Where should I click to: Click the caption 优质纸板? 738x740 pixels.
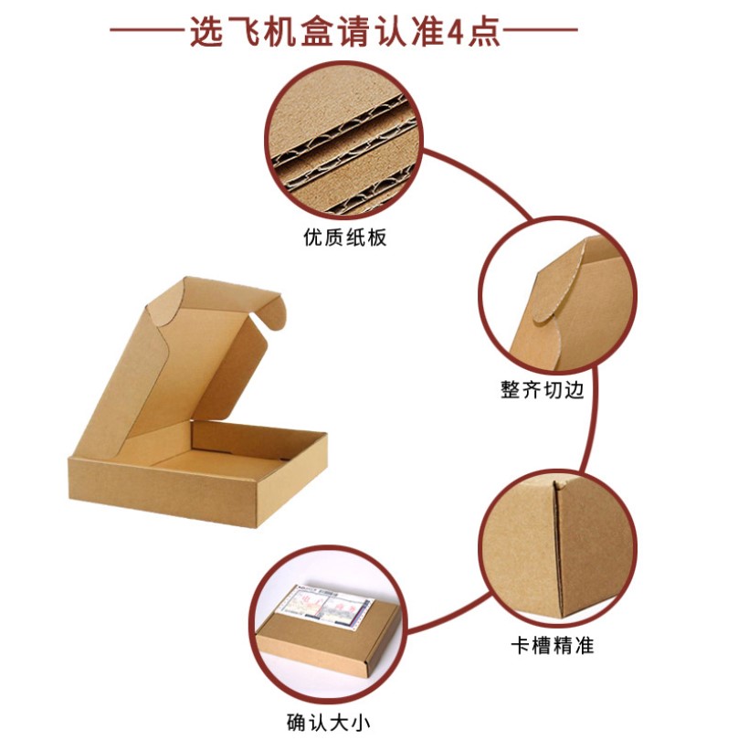345,237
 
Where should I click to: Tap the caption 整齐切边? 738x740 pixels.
543,390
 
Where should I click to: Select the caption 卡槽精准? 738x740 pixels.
552,645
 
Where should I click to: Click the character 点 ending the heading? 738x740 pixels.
484,32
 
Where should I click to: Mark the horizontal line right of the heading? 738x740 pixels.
541,29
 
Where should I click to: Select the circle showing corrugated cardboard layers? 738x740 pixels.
344,140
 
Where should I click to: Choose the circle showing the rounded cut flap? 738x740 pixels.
558,295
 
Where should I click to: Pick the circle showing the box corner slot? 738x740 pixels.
558,548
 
